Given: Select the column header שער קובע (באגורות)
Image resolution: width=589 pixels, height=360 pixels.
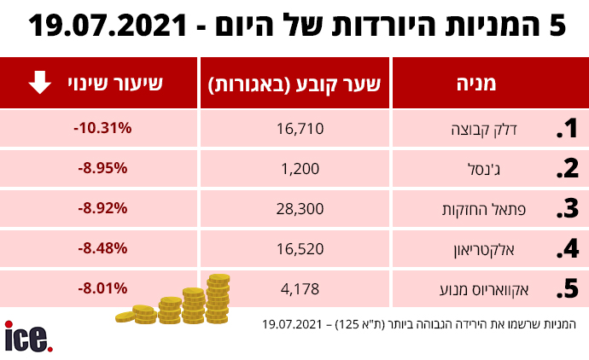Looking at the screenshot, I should [295, 84].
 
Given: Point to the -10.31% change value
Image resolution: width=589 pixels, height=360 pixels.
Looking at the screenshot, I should [102, 128].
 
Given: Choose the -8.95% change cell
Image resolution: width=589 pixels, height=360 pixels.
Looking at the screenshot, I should [102, 168].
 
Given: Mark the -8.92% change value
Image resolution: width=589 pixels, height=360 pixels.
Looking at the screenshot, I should [102, 207].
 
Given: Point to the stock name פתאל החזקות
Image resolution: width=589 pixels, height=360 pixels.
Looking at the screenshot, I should [491, 209].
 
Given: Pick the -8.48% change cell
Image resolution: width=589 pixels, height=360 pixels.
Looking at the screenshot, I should [102, 248].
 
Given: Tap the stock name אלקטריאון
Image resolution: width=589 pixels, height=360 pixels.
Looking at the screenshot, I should [498, 250].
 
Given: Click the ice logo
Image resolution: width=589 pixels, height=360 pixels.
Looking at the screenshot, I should [27, 337].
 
